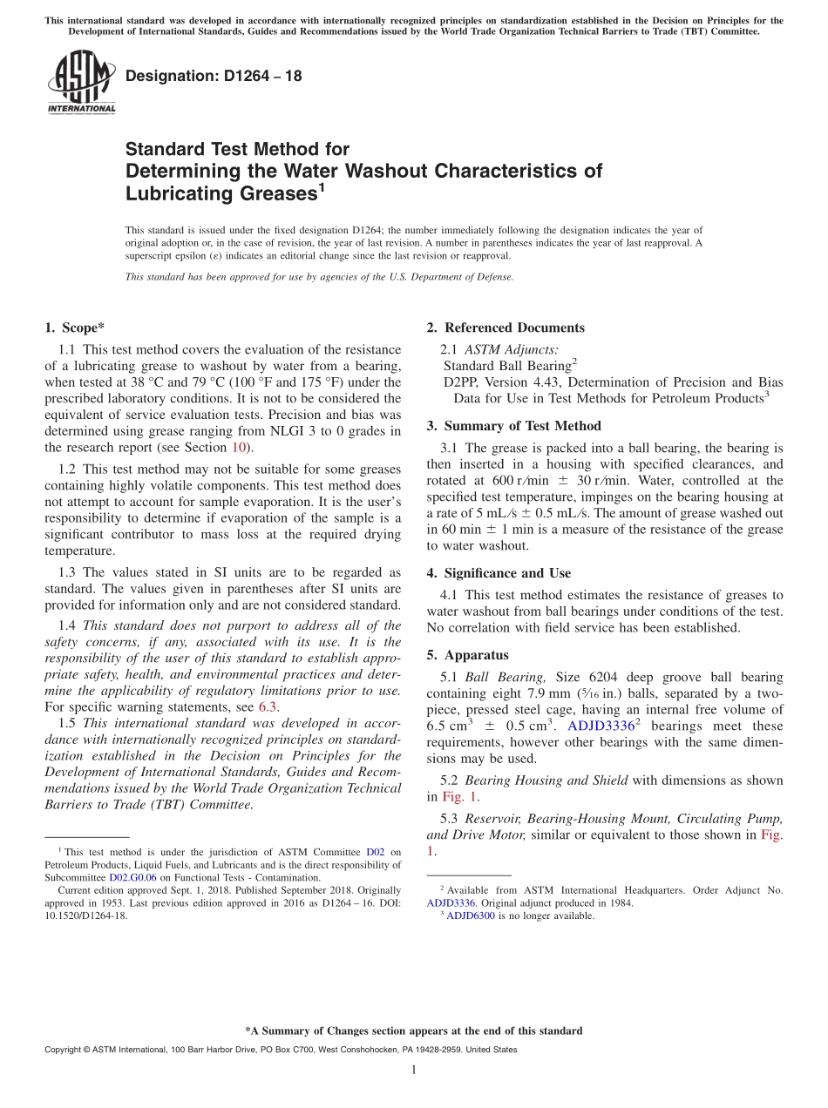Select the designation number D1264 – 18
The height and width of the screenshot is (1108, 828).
click(x=214, y=76)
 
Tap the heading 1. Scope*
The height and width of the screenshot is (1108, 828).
click(x=74, y=328)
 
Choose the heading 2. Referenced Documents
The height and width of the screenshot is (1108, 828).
click(x=506, y=328)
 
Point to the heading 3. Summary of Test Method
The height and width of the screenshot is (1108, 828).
click(x=513, y=426)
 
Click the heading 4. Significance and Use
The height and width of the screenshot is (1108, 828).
click(x=499, y=573)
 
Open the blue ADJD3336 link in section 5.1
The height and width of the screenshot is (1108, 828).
click(x=601, y=726)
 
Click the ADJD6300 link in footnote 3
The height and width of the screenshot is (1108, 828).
click(x=470, y=915)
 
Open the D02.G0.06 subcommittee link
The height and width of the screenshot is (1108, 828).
click(x=132, y=878)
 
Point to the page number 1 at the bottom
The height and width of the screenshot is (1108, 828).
click(x=413, y=1070)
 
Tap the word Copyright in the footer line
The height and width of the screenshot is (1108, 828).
click(x=65, y=1051)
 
